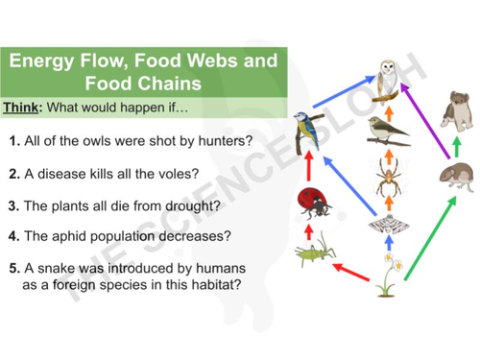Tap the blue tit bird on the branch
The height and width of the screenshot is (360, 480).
coord(306,131)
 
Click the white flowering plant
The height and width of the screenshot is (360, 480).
coord(389,274)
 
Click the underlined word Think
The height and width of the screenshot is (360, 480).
coord(21,106)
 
